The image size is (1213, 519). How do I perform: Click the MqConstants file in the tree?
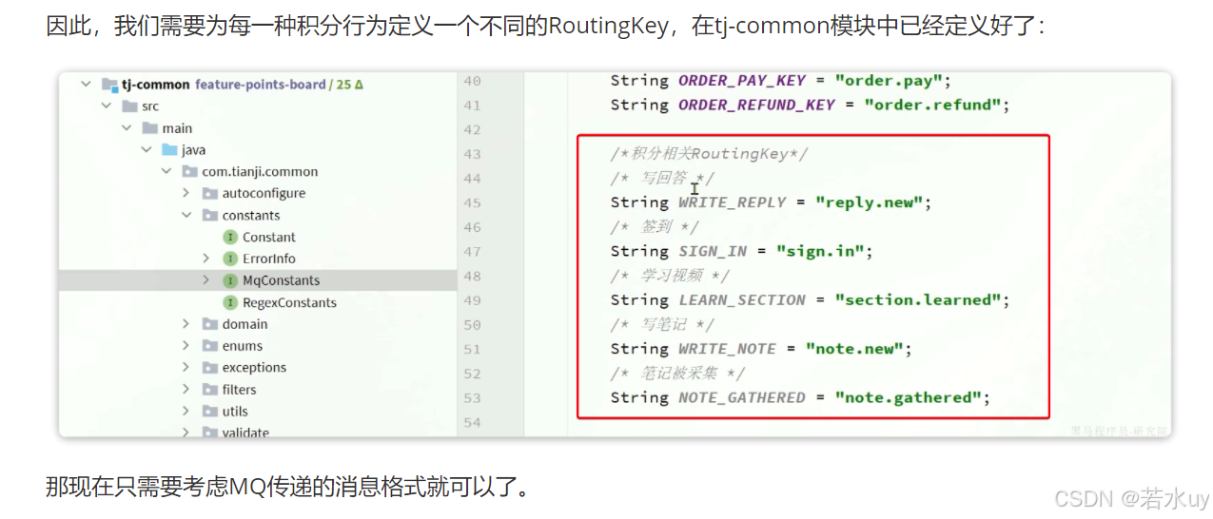click(x=281, y=280)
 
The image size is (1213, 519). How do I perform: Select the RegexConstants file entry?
click(x=289, y=302)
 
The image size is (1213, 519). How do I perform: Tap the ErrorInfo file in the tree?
click(x=268, y=259)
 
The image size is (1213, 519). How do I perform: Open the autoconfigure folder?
click(x=264, y=193)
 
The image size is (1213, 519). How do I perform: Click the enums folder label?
click(x=242, y=346)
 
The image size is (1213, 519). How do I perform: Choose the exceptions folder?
click(x=254, y=368)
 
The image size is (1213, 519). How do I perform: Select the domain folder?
click(x=245, y=324)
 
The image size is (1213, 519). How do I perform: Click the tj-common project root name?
click(x=155, y=85)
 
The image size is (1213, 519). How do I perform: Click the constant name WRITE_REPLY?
click(x=733, y=202)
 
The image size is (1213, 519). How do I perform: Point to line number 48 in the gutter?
click(x=472, y=276)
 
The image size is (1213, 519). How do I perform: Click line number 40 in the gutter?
click(x=472, y=81)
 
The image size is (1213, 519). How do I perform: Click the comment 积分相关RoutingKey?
click(x=709, y=154)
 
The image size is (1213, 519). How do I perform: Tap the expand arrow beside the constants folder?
click(x=186, y=216)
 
